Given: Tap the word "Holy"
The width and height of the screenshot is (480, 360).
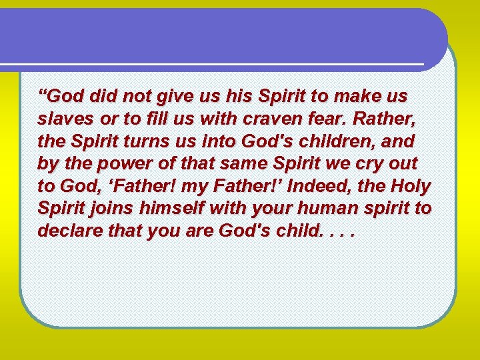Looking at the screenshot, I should pos(413,186).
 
